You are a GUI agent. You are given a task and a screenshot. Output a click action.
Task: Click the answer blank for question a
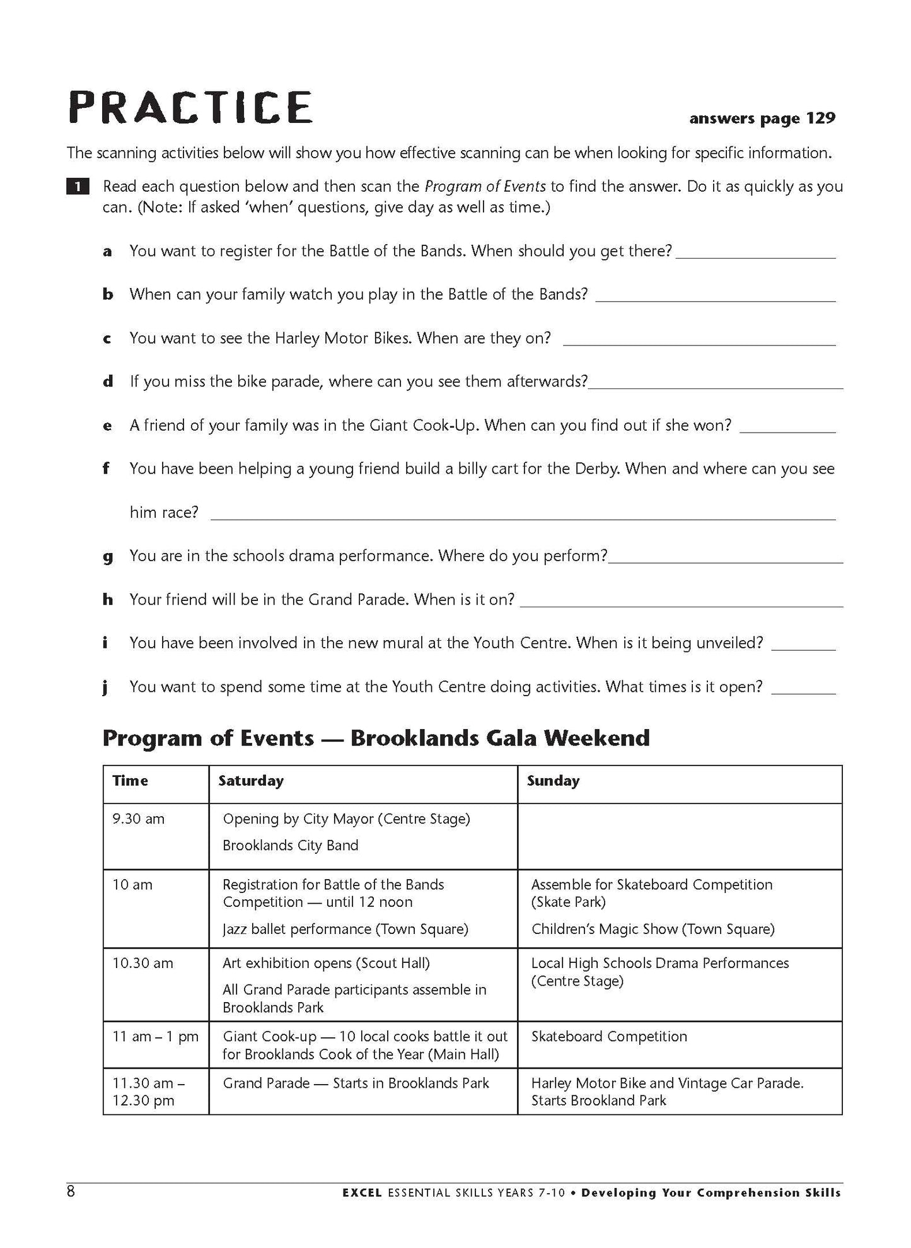point(755,255)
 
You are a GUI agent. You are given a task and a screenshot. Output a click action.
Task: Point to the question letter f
point(107,469)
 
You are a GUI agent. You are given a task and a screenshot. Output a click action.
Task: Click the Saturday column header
point(251,781)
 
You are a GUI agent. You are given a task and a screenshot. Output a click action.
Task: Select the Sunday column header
point(553,781)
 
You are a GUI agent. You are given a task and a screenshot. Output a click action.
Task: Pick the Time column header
point(131,781)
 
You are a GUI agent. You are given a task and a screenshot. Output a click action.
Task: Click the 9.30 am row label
point(138,819)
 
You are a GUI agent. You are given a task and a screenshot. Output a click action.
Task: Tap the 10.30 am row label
point(142,963)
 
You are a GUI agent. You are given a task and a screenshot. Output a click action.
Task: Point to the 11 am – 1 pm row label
point(155,1036)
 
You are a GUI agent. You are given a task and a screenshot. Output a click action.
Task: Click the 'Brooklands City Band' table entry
point(290,845)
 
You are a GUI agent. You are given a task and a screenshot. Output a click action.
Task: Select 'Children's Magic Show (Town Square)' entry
point(653,929)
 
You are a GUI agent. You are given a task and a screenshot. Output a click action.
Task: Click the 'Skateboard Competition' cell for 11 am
point(609,1036)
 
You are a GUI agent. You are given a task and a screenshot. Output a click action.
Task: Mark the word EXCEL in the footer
point(363,1193)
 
